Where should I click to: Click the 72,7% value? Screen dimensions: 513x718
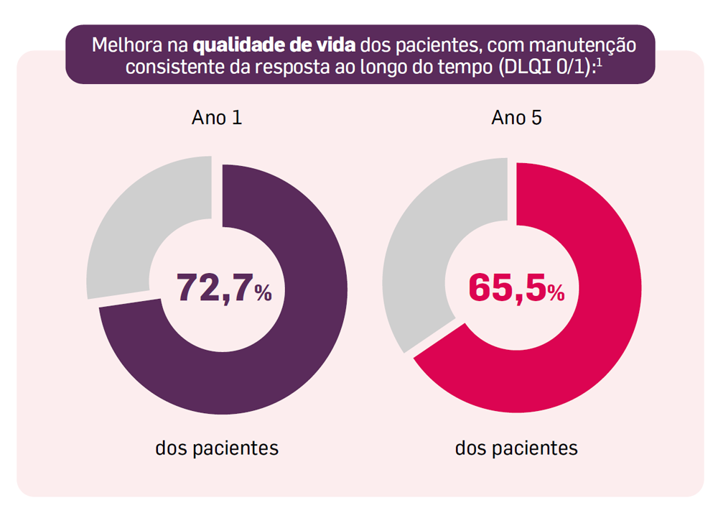[x=215, y=287]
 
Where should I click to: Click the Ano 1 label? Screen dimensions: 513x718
[x=216, y=118]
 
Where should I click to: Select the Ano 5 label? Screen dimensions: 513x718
[x=516, y=118]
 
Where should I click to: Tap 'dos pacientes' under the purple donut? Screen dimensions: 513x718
[x=217, y=448]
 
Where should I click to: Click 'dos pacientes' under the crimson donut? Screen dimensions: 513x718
[x=516, y=448]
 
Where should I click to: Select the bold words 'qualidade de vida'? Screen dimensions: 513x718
[x=275, y=45]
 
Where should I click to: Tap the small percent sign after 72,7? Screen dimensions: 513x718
[x=263, y=293]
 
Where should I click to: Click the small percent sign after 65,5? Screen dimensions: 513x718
[x=556, y=293]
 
